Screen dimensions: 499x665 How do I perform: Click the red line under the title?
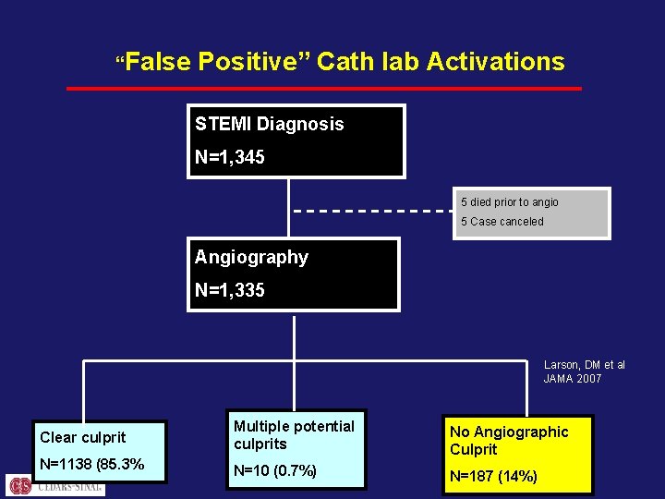pos(323,89)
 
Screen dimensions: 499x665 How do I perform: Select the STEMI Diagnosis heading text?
pos(269,124)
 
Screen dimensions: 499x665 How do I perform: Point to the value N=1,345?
pos(229,157)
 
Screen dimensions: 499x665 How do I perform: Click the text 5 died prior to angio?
pos(510,202)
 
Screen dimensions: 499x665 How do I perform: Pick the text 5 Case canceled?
pos(502,222)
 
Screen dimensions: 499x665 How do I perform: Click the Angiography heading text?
pos(251,257)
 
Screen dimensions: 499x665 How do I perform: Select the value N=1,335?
pos(229,290)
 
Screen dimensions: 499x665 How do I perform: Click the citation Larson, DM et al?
pos(584,365)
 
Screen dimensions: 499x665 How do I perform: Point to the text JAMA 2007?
pos(572,379)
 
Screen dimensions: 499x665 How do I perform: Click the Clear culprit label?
pos(83,437)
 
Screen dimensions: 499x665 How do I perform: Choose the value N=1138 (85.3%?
pos(91,465)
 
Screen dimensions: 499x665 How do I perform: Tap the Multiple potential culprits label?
pos(294,434)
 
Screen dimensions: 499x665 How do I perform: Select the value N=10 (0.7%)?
pos(275,471)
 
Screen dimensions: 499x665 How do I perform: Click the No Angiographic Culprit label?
pos(508,440)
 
